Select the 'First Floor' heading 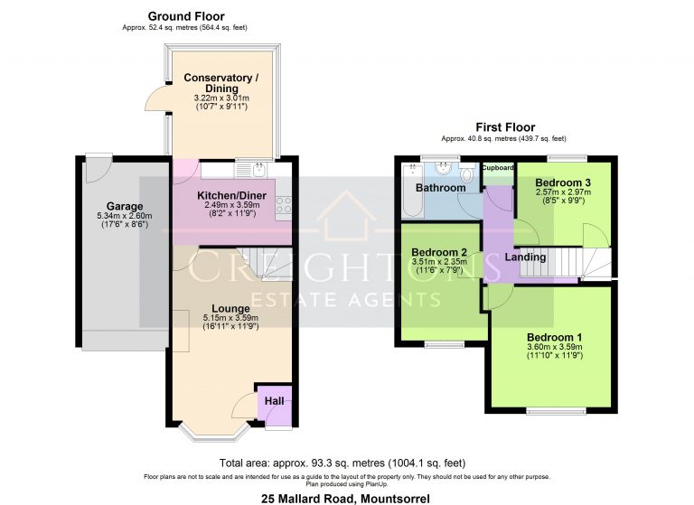click(505, 127)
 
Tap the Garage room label click(125, 205)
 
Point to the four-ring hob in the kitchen click(284, 205)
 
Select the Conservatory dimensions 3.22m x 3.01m click(220, 98)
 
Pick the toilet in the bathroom click(466, 175)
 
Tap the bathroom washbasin click(444, 168)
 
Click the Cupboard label click(497, 168)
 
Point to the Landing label click(525, 257)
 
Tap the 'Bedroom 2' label click(439, 252)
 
